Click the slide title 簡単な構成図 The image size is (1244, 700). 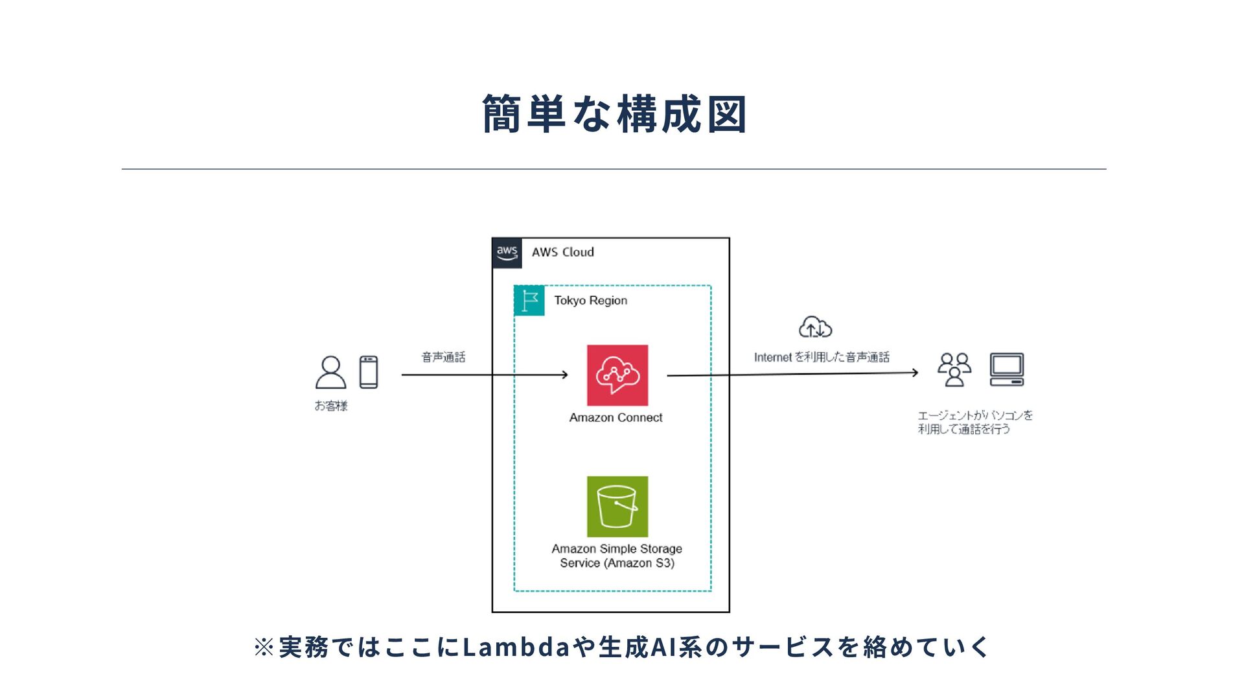(614, 114)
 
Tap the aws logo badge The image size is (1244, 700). (507, 253)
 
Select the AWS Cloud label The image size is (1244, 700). (562, 252)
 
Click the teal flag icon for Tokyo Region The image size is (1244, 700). (529, 301)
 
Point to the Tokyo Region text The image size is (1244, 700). (590, 301)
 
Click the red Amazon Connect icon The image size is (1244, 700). (617, 375)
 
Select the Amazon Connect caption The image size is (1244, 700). (616, 418)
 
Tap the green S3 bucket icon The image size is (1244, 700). (617, 506)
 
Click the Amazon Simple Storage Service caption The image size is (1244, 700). (617, 556)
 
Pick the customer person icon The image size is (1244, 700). (330, 372)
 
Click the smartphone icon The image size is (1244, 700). (369, 372)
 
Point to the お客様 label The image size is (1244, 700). (331, 406)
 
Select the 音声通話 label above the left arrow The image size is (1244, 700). (443, 357)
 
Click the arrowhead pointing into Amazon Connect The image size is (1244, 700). (565, 375)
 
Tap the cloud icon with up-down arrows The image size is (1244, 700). (815, 327)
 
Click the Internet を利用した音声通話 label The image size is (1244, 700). (822, 357)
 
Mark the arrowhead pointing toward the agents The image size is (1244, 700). (915, 373)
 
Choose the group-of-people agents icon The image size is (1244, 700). (954, 369)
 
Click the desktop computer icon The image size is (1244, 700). (1007, 369)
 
